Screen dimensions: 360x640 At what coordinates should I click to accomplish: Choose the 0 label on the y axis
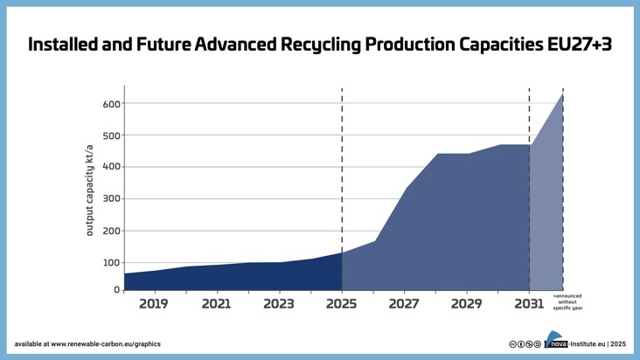click(116, 289)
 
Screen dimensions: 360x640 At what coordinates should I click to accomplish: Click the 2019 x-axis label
click(154, 304)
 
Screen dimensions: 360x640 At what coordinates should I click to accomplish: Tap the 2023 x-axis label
click(279, 304)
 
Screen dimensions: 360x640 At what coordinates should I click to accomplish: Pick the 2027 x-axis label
click(404, 304)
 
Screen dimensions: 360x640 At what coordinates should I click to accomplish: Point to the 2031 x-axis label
click(529, 304)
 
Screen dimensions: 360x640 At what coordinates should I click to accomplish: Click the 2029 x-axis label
click(467, 304)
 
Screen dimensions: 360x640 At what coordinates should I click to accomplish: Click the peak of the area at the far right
click(561, 94)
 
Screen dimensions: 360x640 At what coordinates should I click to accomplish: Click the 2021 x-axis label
click(216, 304)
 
